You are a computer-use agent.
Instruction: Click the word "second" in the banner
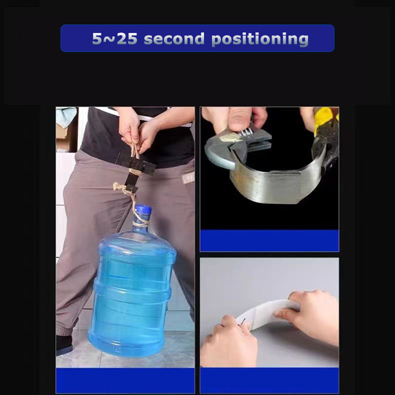coord(174,39)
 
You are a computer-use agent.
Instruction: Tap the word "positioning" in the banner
coord(260,39)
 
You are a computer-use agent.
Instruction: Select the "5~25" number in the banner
coord(115,39)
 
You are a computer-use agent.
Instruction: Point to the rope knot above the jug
coord(119,187)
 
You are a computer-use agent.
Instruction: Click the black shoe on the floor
coord(64,345)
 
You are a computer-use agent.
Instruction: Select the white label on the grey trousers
coord(189,178)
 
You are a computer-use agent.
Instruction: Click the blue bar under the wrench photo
coord(269,240)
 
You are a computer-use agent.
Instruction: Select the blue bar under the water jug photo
coord(125,380)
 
